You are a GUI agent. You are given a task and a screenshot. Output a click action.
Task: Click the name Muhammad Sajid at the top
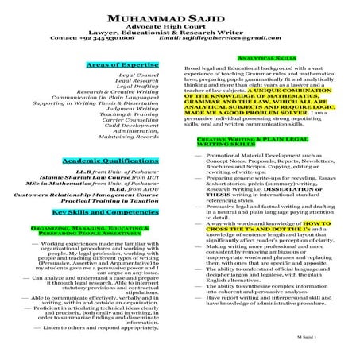click(x=180, y=16)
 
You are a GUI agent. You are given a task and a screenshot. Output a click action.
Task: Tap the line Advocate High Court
click(x=180, y=26)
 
